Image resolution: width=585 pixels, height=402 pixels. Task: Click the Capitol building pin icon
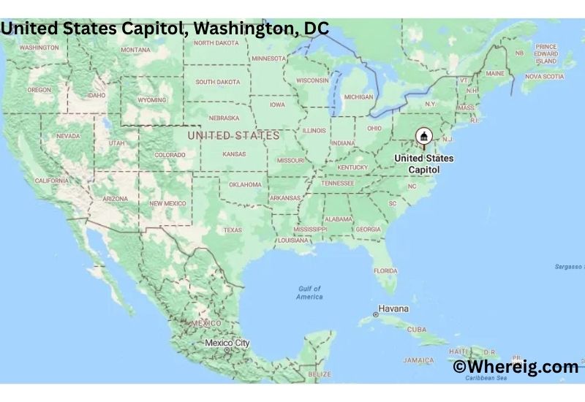423,137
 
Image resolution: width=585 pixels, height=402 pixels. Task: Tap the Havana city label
394,308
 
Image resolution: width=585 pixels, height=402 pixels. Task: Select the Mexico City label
227,343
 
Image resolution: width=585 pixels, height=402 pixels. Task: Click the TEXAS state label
232,230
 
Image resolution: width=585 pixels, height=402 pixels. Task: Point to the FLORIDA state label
385,270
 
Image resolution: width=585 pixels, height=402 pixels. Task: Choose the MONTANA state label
135,50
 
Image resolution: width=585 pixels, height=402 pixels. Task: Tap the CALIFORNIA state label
51,180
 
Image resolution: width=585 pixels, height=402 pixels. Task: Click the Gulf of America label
309,293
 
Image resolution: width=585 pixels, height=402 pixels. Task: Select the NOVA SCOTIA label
544,76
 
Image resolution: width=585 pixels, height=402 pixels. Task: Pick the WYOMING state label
152,99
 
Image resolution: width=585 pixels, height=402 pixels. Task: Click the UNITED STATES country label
233,136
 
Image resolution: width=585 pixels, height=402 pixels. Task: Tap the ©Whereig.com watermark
516,367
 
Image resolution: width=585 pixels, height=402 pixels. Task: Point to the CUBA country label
416,330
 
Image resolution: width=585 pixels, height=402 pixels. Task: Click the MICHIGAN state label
358,96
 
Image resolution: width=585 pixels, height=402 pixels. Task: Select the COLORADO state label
170,154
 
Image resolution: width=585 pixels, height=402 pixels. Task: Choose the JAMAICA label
418,360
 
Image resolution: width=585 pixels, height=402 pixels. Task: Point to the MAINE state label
495,73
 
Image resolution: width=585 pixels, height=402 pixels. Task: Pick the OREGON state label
39,89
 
